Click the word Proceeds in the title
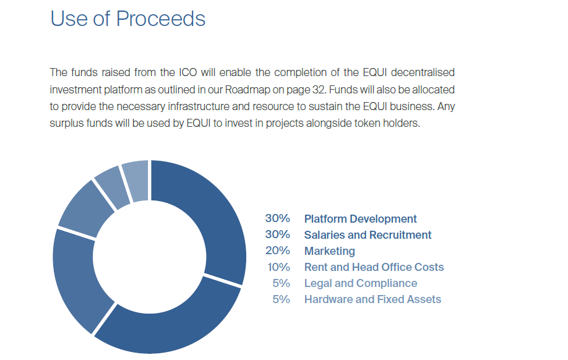(160, 19)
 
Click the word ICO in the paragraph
(187, 72)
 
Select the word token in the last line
(367, 123)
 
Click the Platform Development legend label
(360, 219)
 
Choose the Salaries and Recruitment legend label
(368, 234)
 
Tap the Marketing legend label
(329, 251)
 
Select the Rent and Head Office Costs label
(374, 267)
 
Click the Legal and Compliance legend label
(361, 283)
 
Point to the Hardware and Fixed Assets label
(372, 299)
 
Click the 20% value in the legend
(277, 251)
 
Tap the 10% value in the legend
(278, 267)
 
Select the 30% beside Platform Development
(277, 218)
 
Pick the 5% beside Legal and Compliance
(281, 283)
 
